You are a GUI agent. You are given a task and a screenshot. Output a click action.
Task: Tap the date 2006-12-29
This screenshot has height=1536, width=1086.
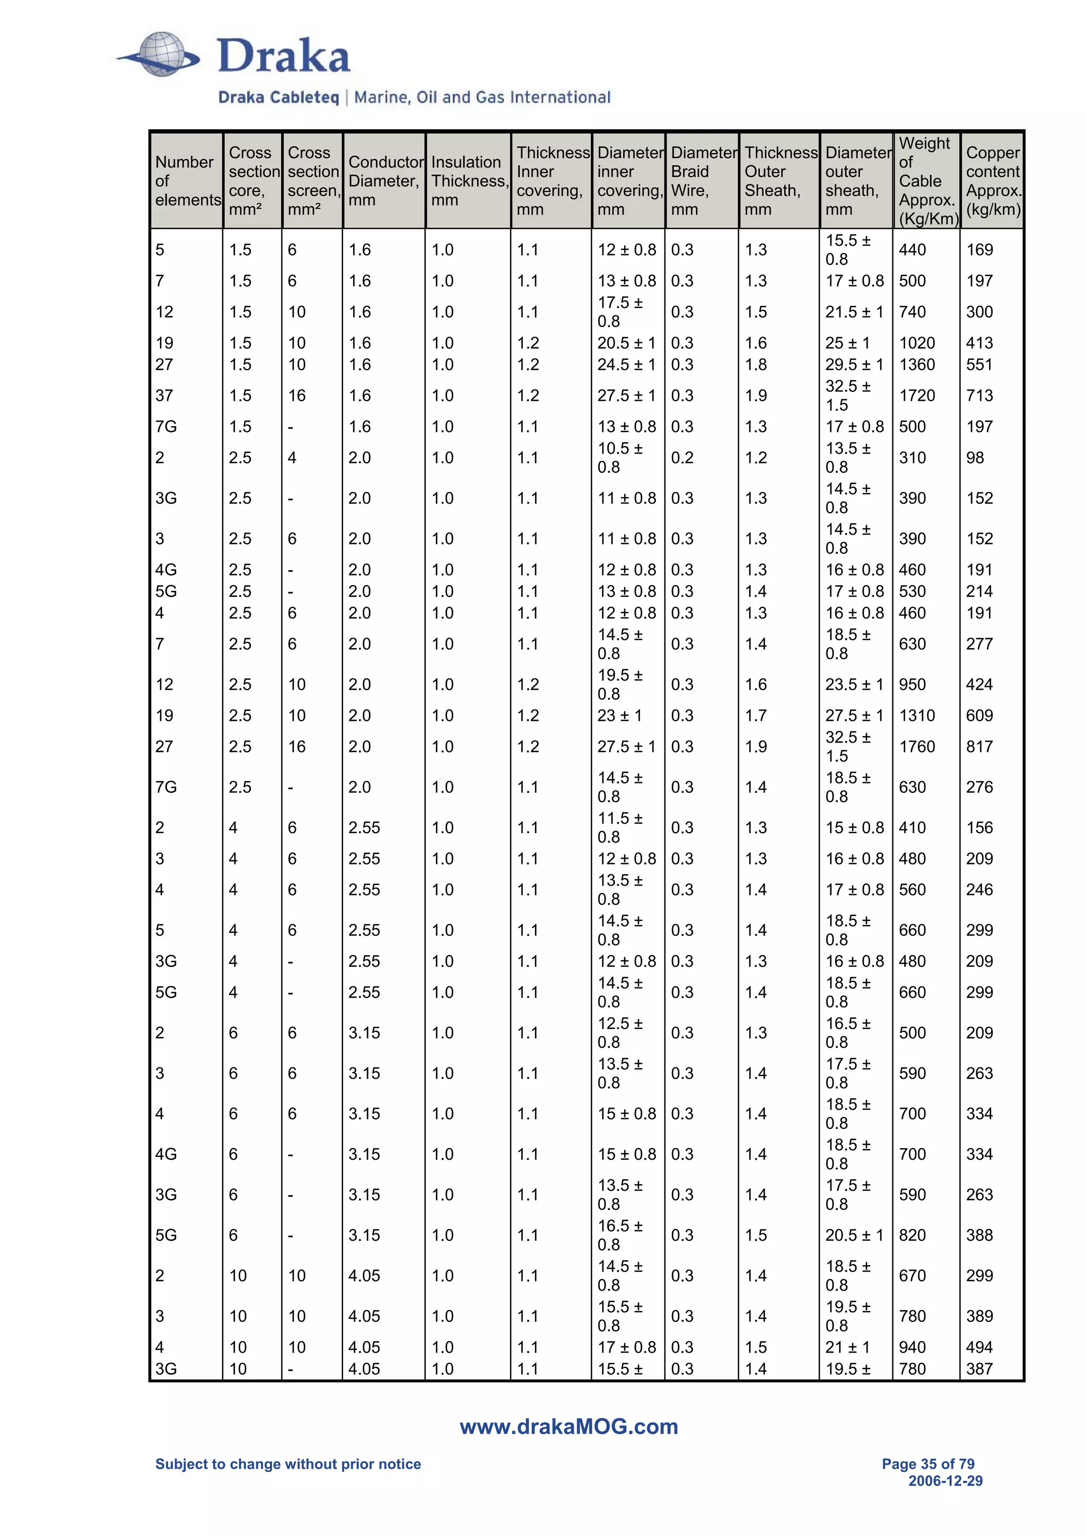click(x=945, y=1480)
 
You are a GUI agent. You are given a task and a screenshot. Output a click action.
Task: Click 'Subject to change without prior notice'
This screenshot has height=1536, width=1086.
click(x=288, y=1464)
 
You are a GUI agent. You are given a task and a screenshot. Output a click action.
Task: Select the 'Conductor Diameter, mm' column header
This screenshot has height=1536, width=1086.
click(x=386, y=181)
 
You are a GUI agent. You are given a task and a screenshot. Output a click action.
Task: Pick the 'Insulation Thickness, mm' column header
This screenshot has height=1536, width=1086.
click(x=468, y=181)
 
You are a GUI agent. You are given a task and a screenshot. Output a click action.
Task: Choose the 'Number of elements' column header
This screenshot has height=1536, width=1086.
click(x=187, y=181)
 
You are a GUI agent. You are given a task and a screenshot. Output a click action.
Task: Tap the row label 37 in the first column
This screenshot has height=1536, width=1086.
click(x=164, y=395)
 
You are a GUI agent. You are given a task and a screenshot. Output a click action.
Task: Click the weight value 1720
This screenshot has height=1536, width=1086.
click(x=917, y=395)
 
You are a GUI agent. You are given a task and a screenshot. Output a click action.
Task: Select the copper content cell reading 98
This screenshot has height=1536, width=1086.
click(x=975, y=457)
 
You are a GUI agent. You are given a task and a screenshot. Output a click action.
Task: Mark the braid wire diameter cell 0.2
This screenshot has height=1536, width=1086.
click(x=682, y=457)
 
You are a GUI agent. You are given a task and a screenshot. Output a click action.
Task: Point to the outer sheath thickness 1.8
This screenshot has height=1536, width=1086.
click(x=756, y=365)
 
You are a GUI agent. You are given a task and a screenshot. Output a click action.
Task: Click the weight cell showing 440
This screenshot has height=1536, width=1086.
click(x=912, y=250)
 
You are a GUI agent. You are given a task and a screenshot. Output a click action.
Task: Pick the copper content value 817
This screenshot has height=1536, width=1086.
click(x=979, y=747)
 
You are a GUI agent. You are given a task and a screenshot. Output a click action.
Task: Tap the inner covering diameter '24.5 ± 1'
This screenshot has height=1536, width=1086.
click(x=626, y=365)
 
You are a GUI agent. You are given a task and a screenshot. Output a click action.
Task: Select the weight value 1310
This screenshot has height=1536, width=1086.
click(x=917, y=715)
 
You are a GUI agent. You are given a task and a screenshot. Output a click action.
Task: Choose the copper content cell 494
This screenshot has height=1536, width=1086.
click(x=979, y=1347)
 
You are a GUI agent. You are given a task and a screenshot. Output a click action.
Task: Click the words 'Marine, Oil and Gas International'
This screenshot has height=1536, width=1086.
click(x=482, y=98)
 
